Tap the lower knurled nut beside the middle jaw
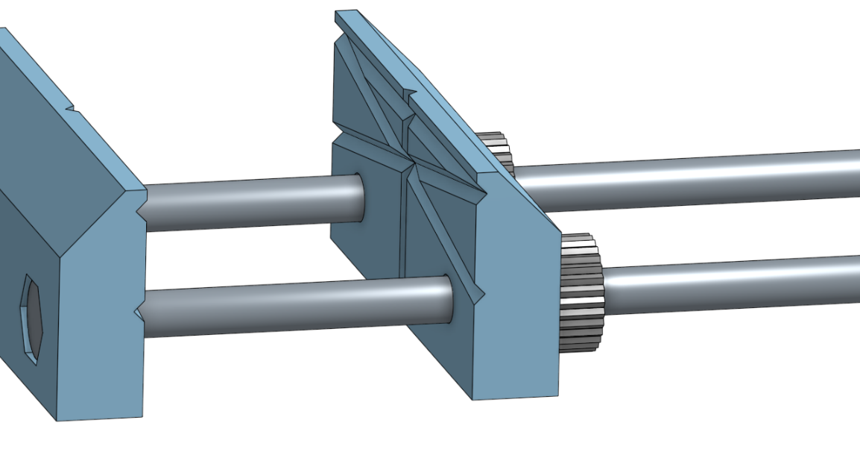tap(581, 291)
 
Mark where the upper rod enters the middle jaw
tap(358, 196)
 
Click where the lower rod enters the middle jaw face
tap(448, 299)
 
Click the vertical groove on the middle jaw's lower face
tap(405, 224)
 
